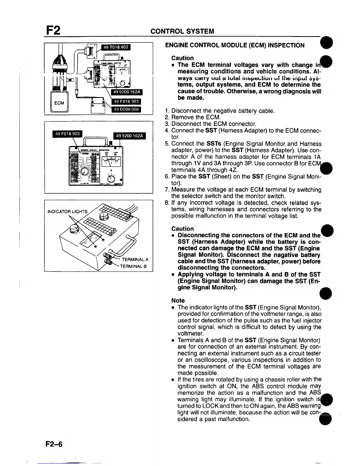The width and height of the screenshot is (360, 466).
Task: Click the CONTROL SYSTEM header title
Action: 182,31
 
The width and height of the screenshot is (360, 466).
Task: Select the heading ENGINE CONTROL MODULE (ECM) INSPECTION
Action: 235,45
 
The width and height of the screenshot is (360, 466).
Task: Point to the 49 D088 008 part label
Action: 126,109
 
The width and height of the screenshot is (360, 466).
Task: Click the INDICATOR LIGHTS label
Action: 68,211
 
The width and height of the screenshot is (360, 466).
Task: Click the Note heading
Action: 178,300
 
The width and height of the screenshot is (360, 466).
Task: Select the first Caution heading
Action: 182,58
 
